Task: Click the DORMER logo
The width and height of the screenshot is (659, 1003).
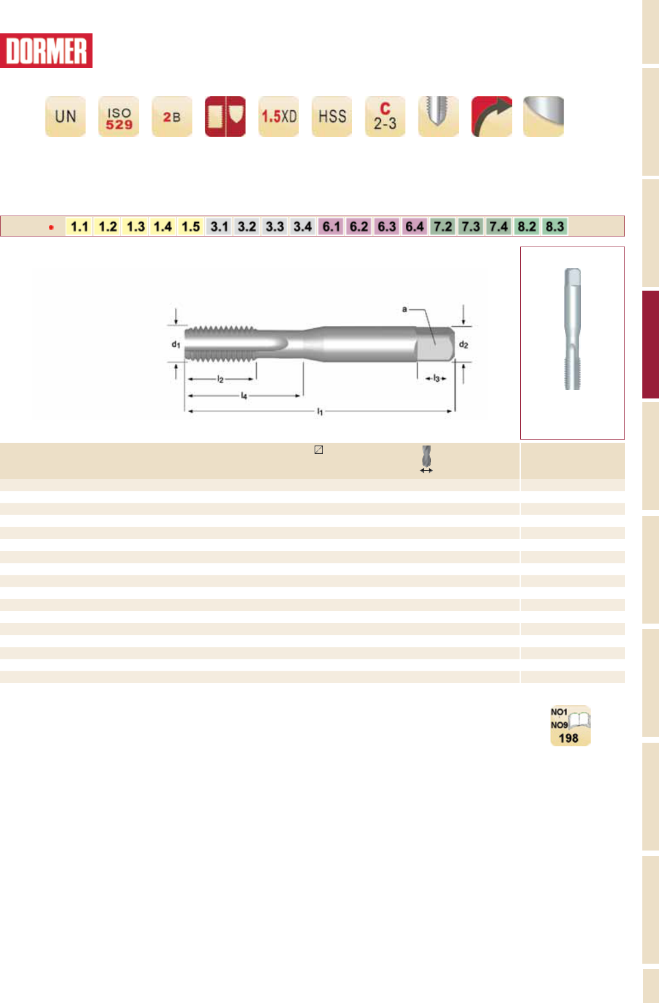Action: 46,51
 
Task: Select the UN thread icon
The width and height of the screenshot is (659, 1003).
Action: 66,116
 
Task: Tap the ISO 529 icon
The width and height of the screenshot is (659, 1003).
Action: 119,116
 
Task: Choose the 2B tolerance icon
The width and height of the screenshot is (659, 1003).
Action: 172,116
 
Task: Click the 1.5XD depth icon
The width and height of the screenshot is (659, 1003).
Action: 279,116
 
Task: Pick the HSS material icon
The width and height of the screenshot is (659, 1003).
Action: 332,116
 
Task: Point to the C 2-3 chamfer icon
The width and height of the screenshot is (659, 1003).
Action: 386,116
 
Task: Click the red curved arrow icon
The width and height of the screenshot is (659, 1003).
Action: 492,116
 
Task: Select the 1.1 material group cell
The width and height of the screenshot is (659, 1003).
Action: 79,226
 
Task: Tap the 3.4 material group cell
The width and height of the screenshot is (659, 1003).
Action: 303,226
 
